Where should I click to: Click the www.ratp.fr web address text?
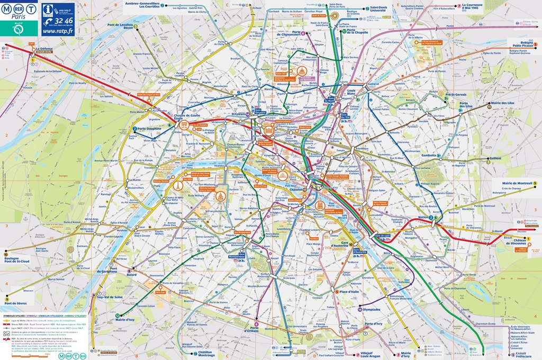pyautogui.click(x=58, y=31)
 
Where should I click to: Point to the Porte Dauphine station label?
pyautogui.click(x=148, y=129)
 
